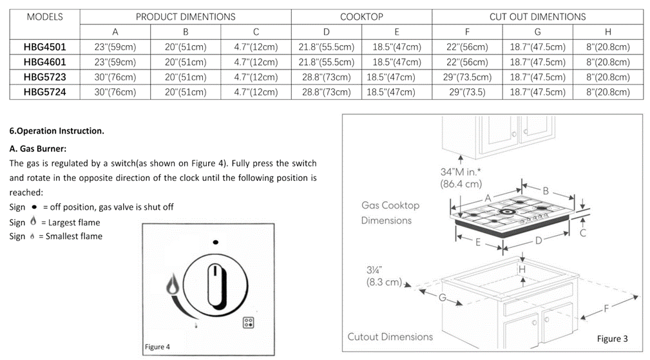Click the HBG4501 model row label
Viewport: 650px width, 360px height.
point(44,47)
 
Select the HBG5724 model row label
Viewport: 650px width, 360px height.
point(44,92)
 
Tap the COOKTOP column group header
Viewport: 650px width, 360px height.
point(361,17)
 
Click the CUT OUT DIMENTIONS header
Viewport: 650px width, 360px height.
point(537,17)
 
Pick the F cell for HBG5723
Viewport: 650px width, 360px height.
point(467,77)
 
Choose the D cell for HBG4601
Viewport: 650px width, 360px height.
point(326,62)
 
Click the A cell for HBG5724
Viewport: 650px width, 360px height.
point(115,92)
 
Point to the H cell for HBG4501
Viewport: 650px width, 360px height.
point(607,47)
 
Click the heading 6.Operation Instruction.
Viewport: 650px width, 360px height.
point(57,131)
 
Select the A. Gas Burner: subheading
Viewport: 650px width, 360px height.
point(38,148)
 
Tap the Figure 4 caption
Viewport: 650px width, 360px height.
point(157,346)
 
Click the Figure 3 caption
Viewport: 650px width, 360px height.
point(611,339)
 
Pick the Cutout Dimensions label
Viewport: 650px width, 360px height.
point(390,337)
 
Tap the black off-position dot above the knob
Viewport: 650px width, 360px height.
point(215,243)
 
